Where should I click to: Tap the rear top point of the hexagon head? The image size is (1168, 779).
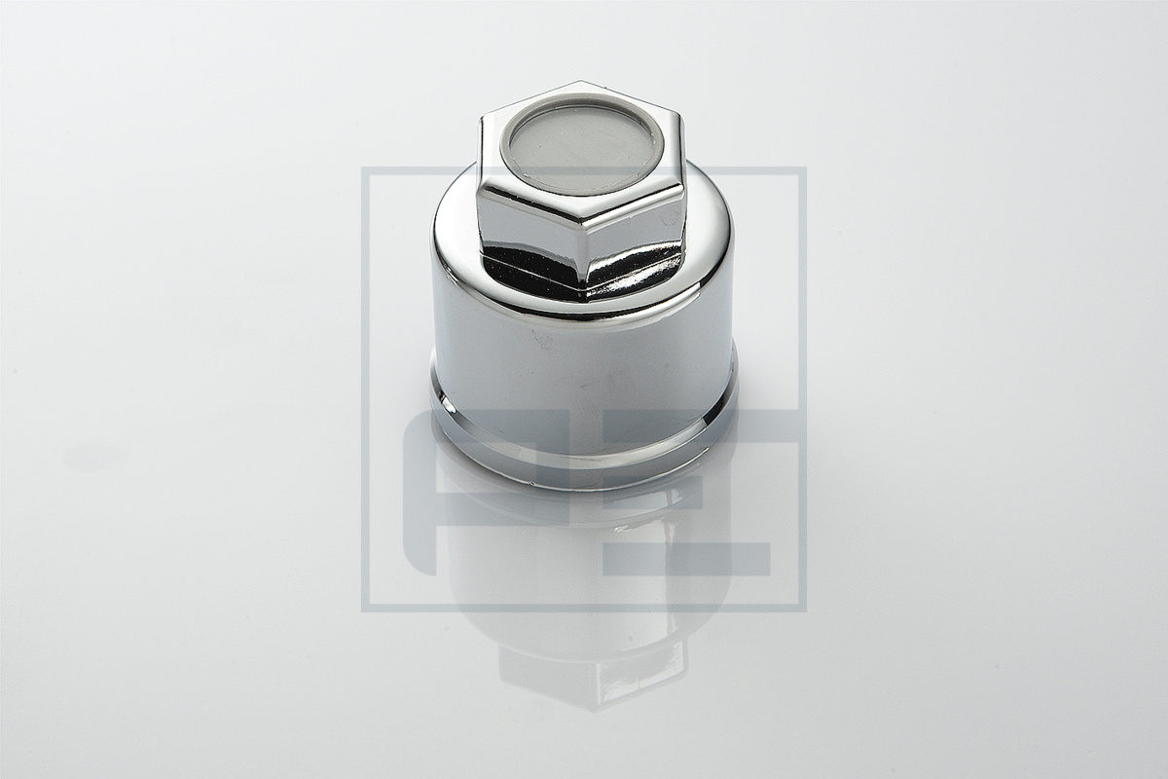point(580,81)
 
